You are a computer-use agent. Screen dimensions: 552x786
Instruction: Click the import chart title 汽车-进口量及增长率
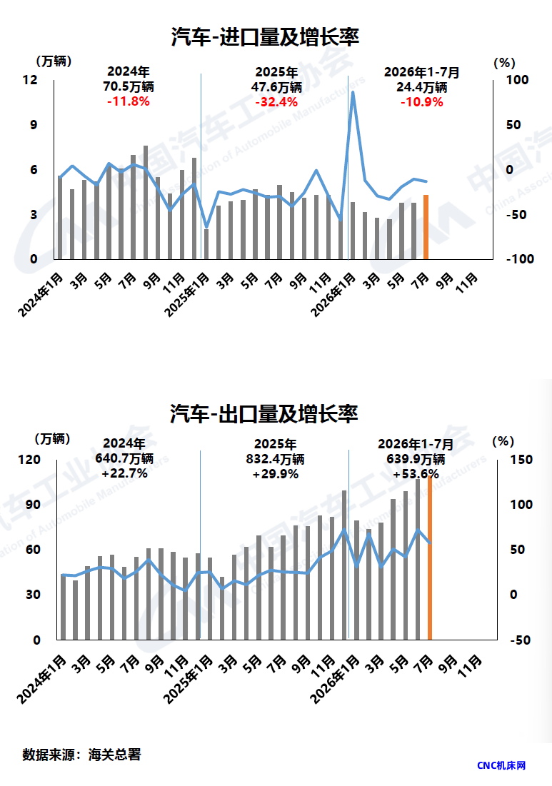(265, 37)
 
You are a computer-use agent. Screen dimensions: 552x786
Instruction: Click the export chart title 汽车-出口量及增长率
(264, 414)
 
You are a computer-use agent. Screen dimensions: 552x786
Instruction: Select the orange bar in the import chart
(426, 227)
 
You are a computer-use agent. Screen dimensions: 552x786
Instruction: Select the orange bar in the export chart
(430, 558)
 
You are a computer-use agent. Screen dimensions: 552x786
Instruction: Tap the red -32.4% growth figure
(276, 102)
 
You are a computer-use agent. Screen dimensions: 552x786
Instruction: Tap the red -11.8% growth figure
(129, 102)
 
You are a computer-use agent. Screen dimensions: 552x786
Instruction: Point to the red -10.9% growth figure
(421, 102)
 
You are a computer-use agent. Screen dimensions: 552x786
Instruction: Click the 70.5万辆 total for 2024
(129, 86)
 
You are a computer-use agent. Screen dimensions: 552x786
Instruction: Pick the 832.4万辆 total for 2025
(275, 459)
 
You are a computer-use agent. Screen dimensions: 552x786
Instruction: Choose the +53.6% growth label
(416, 474)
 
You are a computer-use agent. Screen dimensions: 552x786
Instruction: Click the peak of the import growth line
(353, 92)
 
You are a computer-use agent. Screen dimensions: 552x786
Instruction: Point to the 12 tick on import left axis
(30, 80)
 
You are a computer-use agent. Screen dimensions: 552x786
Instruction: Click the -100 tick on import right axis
(520, 259)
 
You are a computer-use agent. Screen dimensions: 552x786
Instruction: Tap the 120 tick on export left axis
(29, 460)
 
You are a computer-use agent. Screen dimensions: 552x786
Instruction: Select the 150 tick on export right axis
(521, 460)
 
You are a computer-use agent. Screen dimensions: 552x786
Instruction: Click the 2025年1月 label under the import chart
(188, 295)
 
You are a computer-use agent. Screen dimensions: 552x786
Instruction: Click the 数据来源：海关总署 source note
(81, 755)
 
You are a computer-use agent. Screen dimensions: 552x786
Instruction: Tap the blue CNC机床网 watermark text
(501, 765)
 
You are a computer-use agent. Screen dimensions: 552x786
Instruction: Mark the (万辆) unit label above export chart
(53, 440)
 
